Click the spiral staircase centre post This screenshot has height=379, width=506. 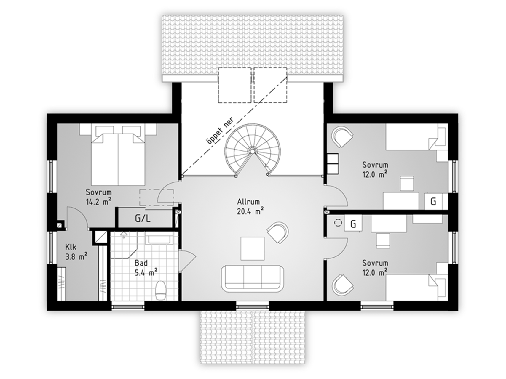[252, 151]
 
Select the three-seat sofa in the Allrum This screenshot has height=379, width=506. [253, 279]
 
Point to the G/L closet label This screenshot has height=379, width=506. [143, 219]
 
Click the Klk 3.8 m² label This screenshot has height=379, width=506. [76, 252]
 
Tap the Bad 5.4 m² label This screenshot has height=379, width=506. [146, 268]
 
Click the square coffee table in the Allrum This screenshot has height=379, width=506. [253, 249]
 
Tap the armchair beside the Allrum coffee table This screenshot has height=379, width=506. [278, 232]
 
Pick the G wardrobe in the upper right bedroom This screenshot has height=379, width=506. [433, 201]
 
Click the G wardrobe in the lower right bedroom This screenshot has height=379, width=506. [353, 224]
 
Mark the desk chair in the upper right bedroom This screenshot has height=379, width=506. [407, 183]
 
